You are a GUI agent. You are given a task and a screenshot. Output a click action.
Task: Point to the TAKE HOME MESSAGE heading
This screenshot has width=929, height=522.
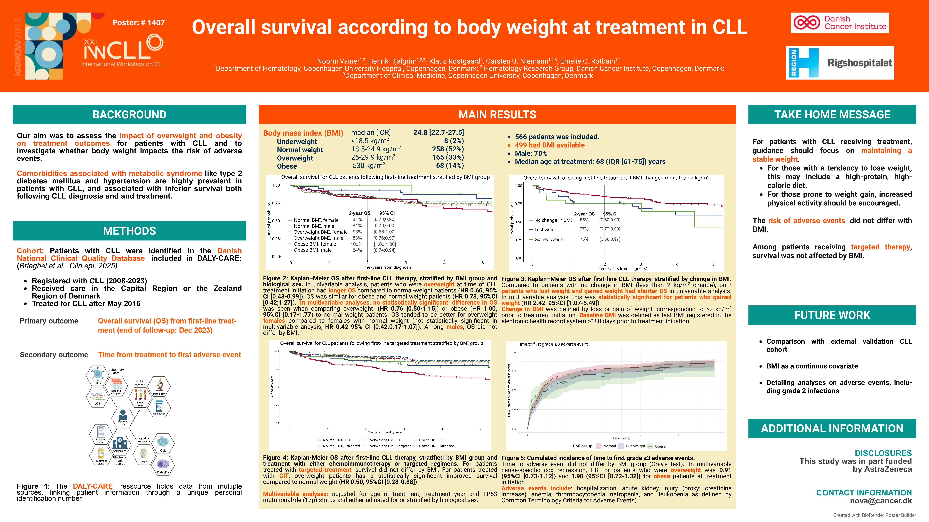point(832,115)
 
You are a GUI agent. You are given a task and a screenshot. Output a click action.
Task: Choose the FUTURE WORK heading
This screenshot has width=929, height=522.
point(832,315)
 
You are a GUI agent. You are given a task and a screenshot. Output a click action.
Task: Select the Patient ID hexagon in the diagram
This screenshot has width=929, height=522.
point(123,418)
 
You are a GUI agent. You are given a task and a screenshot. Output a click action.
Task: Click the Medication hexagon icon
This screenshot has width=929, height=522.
point(159,408)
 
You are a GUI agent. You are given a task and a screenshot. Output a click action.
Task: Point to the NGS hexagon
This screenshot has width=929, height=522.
point(97,398)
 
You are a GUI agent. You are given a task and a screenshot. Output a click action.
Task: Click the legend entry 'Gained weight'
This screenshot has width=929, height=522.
point(549,239)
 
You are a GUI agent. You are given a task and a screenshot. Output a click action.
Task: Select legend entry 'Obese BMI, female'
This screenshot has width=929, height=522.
point(314,244)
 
